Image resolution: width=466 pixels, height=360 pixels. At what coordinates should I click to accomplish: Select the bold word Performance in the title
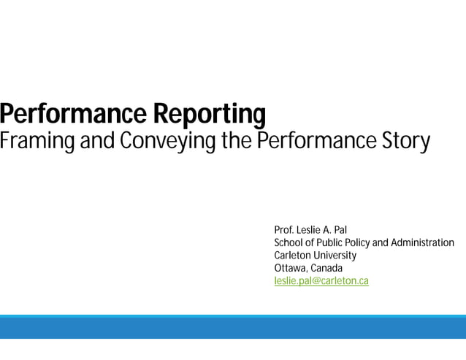pos(73,115)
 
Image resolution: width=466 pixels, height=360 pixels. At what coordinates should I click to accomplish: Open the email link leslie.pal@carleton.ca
pos(321,280)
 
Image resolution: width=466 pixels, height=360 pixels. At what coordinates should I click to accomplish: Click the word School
pos(289,243)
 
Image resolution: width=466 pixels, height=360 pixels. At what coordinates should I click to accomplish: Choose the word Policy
pos(357,243)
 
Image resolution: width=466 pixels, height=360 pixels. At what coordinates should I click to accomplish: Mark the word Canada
pos(326,268)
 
